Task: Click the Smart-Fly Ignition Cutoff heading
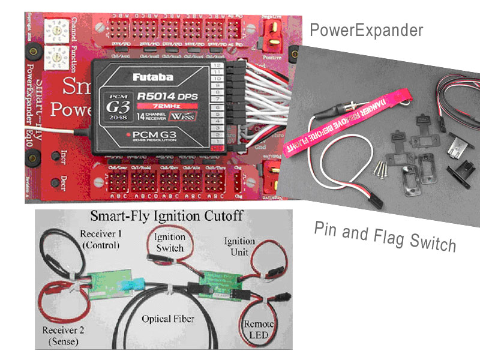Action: click(163, 217)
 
